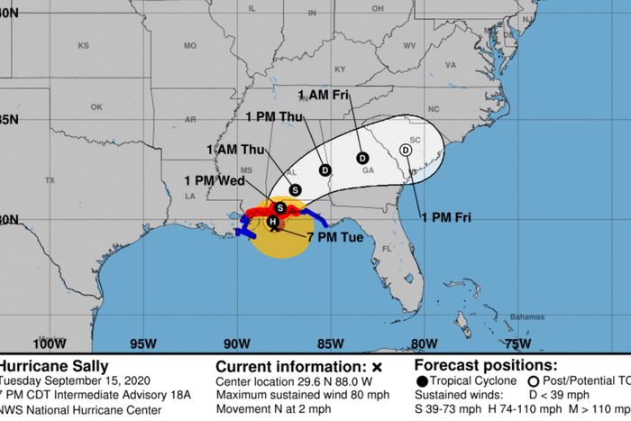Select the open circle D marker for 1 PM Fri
[406, 150]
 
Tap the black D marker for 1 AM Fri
[361, 158]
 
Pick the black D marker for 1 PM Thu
[325, 170]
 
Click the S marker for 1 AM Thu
[296, 189]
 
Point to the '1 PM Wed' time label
[215, 179]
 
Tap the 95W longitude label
[143, 343]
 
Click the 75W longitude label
[517, 343]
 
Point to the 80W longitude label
[423, 343]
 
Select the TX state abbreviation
[50, 180]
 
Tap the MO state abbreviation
[190, 46]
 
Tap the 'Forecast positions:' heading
[488, 366]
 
